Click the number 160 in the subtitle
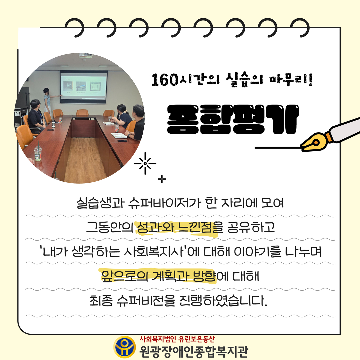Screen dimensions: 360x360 (165, 79)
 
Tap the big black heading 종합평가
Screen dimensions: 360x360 (233, 119)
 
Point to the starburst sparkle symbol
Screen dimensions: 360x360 (145, 163)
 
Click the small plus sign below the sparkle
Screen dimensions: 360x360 (162, 179)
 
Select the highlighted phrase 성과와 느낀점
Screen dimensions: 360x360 (177, 227)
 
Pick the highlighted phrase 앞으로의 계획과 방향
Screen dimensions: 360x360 (159, 276)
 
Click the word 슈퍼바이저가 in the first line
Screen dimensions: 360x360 (165, 203)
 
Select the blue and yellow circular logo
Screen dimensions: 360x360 (125, 347)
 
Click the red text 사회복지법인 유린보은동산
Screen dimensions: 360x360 (177, 339)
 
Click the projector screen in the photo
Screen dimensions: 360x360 (84, 87)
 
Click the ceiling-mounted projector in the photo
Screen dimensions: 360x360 (85, 56)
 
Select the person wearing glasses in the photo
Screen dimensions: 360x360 (37, 116)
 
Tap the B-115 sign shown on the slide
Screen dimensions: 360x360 (95, 87)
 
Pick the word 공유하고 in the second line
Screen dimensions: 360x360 (251, 227)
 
